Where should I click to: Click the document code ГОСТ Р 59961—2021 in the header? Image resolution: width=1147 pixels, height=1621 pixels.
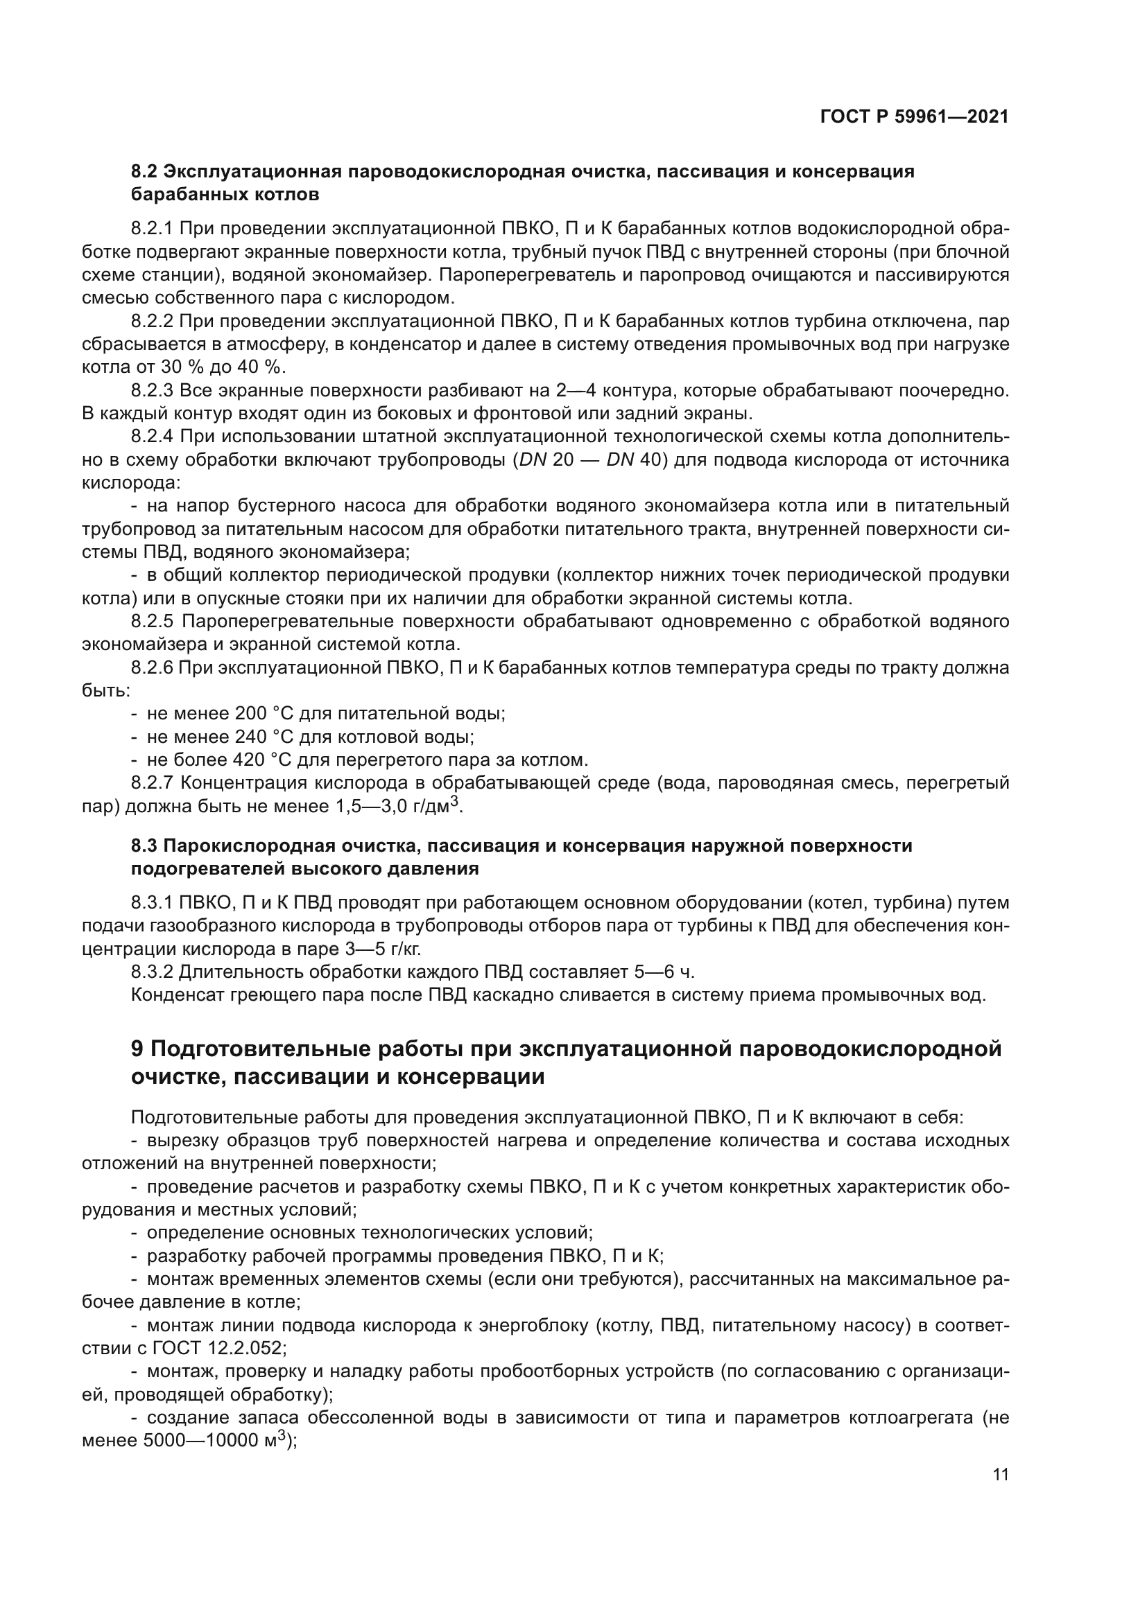coord(914,116)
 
